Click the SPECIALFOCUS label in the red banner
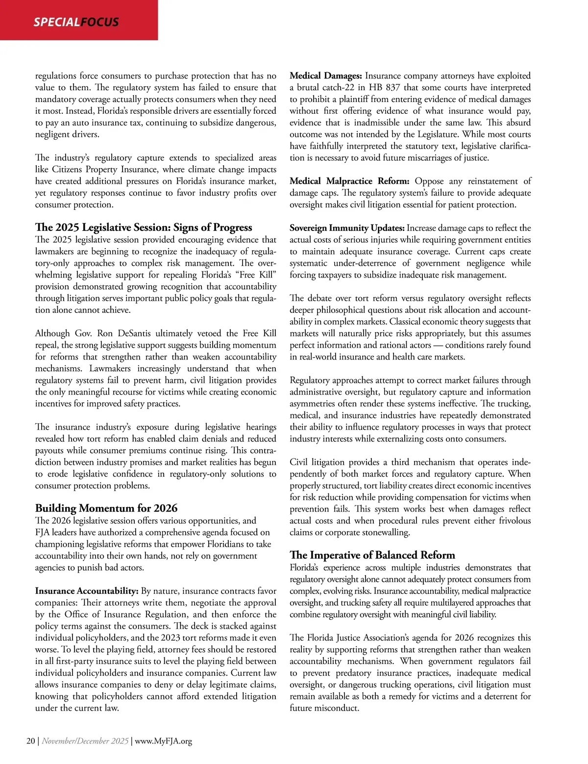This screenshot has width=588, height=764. pyautogui.click(x=76, y=22)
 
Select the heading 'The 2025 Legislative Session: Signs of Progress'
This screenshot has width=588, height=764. pyautogui.click(x=144, y=228)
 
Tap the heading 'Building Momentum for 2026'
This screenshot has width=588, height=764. pyautogui.click(x=106, y=508)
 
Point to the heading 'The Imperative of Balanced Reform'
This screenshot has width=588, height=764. pyautogui.click(x=372, y=555)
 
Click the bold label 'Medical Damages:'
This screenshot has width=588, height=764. pyautogui.click(x=326, y=76)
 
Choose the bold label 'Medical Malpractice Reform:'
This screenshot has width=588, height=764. pyautogui.click(x=349, y=181)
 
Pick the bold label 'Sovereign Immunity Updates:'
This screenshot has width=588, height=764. pyautogui.click(x=347, y=228)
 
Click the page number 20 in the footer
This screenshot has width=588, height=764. pyautogui.click(x=30, y=741)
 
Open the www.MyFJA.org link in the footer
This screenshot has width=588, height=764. pyautogui.click(x=163, y=741)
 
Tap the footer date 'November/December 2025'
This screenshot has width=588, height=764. pyautogui.click(x=85, y=741)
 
